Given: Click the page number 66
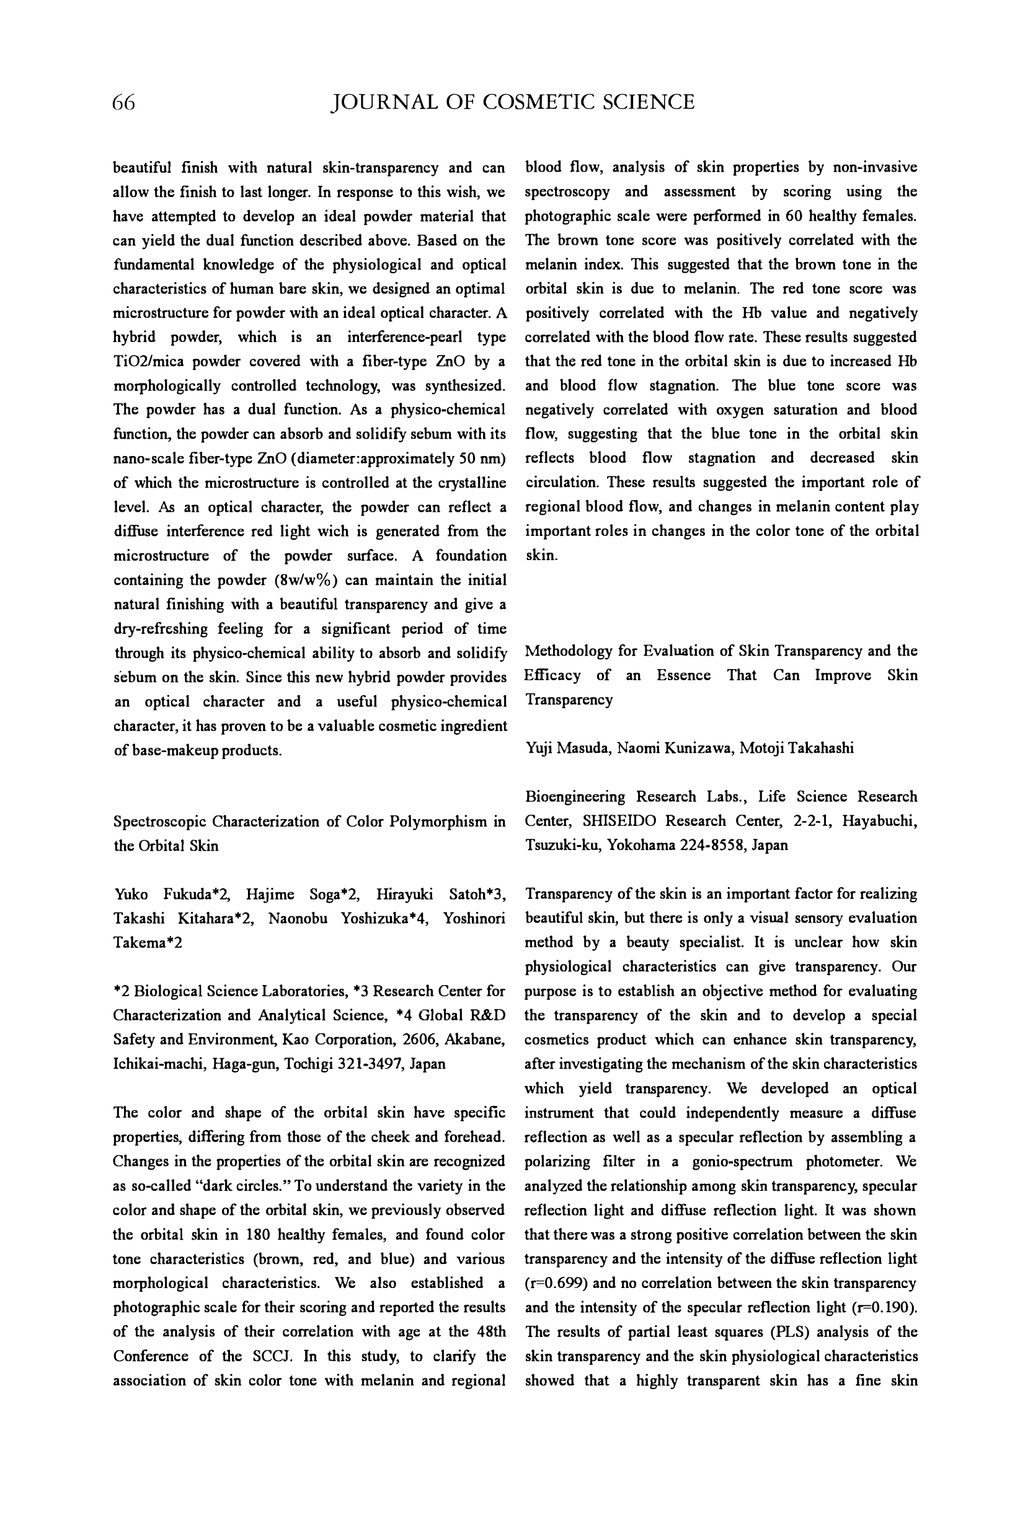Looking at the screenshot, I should click(x=124, y=103).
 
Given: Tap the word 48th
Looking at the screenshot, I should click(x=490, y=1331).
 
